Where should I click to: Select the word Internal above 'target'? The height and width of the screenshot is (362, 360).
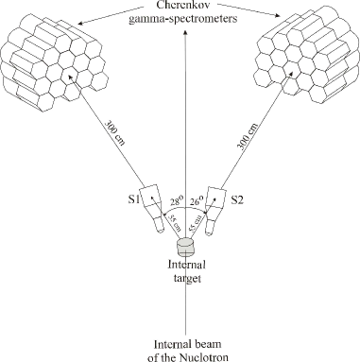click(x=180, y=267)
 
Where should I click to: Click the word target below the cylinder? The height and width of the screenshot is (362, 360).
click(x=180, y=280)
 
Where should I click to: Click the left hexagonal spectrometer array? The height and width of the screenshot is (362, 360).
click(x=53, y=60)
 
